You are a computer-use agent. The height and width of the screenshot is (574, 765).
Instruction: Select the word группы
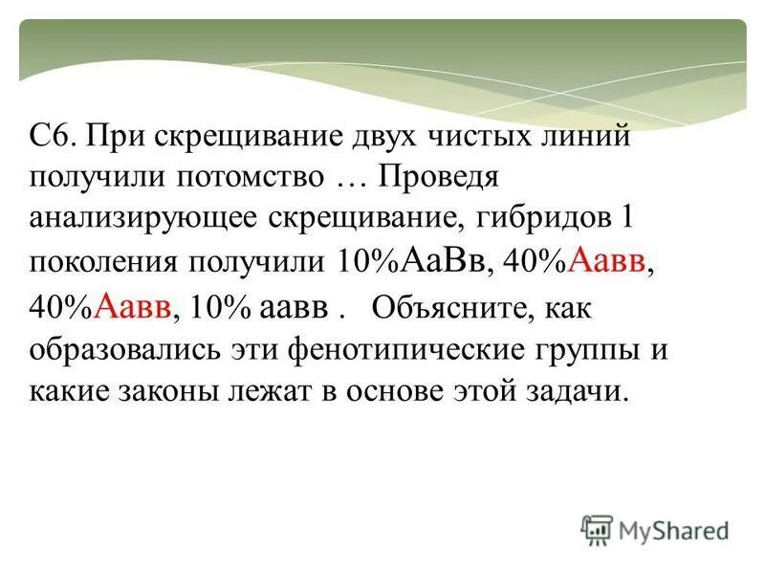click(x=584, y=350)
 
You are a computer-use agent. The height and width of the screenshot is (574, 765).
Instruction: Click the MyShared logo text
click(x=673, y=529)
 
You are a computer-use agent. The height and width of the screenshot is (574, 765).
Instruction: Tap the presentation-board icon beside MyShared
click(x=597, y=529)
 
